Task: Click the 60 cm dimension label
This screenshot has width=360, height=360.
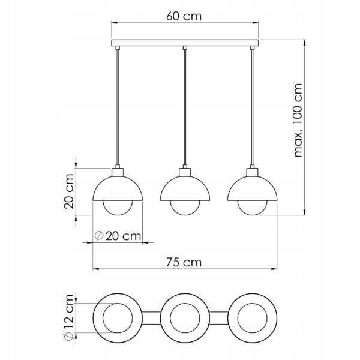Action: pyautogui.click(x=184, y=16)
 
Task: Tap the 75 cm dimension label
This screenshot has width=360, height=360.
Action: pyautogui.click(x=184, y=262)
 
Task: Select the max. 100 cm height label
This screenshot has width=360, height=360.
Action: pyautogui.click(x=298, y=121)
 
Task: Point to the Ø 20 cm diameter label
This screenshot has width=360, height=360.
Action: pyautogui.click(x=118, y=236)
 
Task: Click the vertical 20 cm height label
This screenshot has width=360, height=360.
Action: pyautogui.click(x=68, y=191)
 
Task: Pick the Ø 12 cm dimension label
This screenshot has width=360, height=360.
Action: pyautogui.click(x=68, y=317)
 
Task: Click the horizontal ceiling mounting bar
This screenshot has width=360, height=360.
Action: pyautogui.click(x=185, y=43)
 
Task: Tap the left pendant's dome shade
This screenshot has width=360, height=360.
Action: pyautogui.click(x=118, y=188)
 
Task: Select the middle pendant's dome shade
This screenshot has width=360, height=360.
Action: pyautogui.click(x=185, y=188)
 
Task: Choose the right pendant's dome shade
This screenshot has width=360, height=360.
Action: pyautogui.click(x=253, y=188)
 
